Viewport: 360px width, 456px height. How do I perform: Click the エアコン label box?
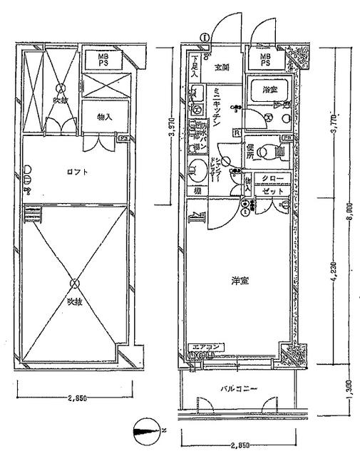[205, 348]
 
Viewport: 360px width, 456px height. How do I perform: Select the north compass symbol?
[148, 430]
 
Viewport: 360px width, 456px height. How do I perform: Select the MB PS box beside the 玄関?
[265, 59]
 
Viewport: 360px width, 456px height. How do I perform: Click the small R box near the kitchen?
[236, 133]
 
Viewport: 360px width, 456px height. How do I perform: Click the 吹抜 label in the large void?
[76, 301]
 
